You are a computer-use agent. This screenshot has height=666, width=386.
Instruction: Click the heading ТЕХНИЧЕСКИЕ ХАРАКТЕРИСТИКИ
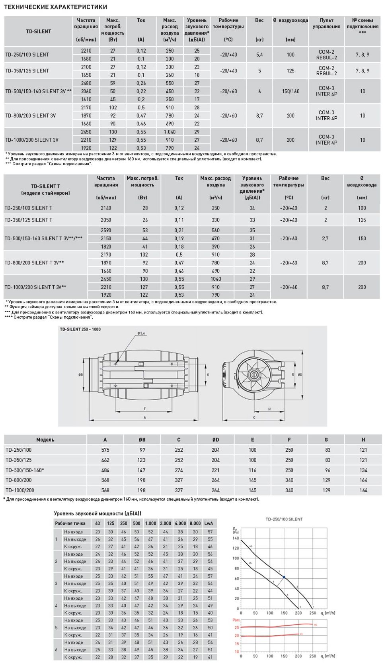click(x=55, y=7)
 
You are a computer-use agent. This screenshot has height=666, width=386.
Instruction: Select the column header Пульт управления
click(x=326, y=24)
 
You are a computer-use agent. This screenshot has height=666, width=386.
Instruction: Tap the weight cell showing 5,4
click(x=259, y=55)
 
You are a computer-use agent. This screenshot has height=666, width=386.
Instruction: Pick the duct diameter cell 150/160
click(x=290, y=91)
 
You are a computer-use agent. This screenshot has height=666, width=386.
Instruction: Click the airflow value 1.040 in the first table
click(x=170, y=132)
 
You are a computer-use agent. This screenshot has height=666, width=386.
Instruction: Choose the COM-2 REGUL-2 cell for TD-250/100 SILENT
click(x=326, y=55)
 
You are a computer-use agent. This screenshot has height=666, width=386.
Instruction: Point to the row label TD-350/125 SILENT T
click(x=28, y=220)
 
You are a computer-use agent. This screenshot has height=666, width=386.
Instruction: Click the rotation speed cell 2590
click(x=106, y=230)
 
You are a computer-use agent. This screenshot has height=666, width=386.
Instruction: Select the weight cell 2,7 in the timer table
click(x=325, y=238)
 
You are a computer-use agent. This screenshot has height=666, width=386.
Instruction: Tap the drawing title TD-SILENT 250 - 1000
click(x=80, y=329)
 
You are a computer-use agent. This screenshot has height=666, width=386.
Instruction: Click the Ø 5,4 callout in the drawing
click(x=141, y=333)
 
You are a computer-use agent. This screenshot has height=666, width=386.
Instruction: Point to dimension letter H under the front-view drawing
click(x=269, y=409)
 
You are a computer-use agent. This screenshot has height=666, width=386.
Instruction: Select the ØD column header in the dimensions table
click(x=216, y=440)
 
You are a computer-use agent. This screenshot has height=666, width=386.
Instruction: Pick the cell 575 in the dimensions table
click(x=105, y=450)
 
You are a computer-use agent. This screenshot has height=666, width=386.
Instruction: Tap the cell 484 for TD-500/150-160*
click(x=105, y=470)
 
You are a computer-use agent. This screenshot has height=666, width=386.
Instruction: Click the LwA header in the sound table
click(x=209, y=523)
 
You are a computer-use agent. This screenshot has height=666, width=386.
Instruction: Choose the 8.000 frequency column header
click(x=195, y=523)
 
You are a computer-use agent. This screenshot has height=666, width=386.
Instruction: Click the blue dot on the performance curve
click(x=284, y=577)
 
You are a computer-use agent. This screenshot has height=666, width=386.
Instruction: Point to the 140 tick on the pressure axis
click(x=236, y=538)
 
